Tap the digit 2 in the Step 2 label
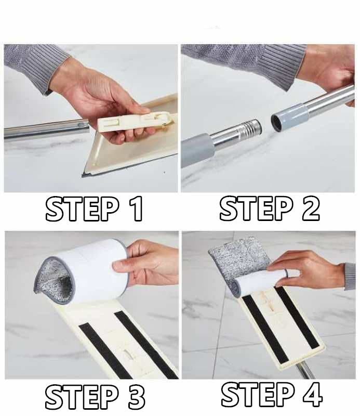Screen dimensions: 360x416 click(309, 209)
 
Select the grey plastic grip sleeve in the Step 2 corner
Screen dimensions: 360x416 click(196, 149)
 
